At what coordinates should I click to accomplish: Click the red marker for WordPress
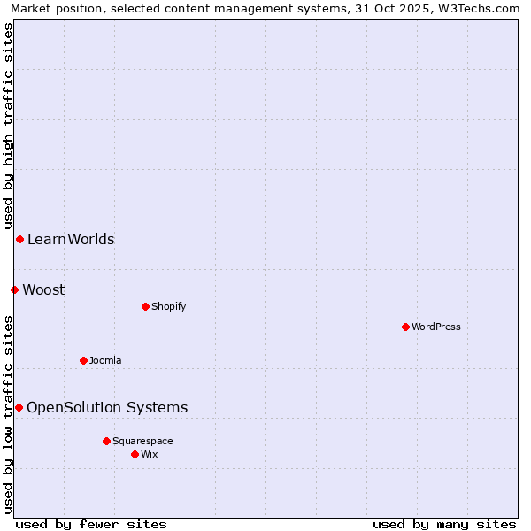click(x=405, y=327)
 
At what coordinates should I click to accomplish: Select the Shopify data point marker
click(x=145, y=306)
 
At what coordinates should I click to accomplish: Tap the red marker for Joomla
click(x=83, y=360)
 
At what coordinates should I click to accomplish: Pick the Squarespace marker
click(x=106, y=441)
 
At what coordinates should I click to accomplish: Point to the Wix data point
click(x=135, y=454)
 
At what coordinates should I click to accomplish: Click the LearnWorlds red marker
click(x=19, y=239)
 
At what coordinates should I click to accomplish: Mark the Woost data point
click(x=14, y=289)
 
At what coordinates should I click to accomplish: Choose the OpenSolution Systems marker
click(x=19, y=407)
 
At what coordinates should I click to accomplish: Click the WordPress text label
click(x=436, y=327)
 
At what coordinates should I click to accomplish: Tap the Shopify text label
click(x=169, y=306)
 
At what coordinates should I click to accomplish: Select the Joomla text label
click(x=105, y=360)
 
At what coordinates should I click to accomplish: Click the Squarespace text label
click(x=142, y=441)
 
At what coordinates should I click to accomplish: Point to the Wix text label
click(x=150, y=454)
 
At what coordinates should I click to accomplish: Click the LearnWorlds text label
click(x=71, y=239)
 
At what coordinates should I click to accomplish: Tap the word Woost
click(x=43, y=289)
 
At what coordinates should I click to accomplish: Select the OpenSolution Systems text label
click(x=107, y=407)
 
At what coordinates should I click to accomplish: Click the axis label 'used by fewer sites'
click(x=91, y=524)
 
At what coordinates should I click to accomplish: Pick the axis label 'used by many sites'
click(x=444, y=524)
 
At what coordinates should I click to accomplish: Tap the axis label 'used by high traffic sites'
click(x=8, y=126)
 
